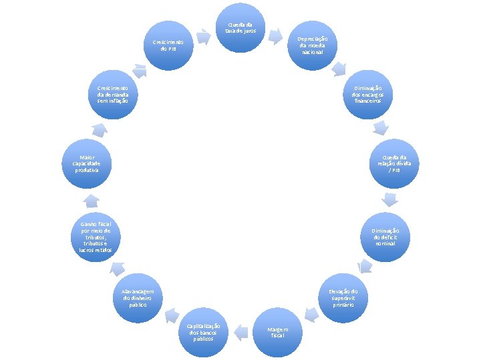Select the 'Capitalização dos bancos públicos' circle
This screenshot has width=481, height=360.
pos(204,331)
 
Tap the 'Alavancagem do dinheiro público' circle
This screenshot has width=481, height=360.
pos(138,297)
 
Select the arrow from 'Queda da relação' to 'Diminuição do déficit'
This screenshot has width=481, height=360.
pos(389,199)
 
